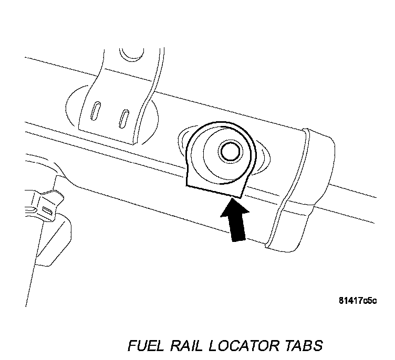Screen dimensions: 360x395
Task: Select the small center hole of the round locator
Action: tap(230, 151)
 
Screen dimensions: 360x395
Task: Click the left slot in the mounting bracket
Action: tap(97, 112)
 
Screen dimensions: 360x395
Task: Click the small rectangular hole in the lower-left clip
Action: tap(47, 210)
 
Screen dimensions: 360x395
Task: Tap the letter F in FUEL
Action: tap(133, 346)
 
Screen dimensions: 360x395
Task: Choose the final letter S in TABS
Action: tap(318, 346)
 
